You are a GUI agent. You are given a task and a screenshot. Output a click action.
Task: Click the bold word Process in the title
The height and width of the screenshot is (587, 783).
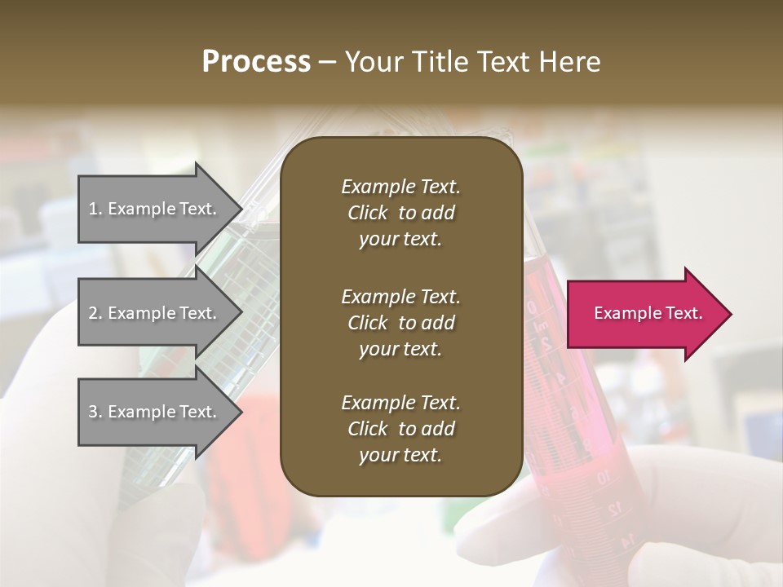coord(256,62)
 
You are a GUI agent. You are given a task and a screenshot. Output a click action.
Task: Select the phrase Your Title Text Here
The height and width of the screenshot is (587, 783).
coord(472,62)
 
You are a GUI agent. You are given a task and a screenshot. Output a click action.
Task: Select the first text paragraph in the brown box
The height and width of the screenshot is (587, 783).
coord(400,213)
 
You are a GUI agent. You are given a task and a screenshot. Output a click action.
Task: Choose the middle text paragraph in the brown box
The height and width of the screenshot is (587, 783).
coord(400,323)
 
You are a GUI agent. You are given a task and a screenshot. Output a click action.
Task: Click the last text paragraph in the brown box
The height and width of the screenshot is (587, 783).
coord(400,429)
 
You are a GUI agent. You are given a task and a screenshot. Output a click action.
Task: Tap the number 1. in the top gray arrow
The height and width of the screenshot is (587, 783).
coord(95,209)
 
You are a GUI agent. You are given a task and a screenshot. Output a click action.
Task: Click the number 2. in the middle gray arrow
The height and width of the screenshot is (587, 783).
coord(95,313)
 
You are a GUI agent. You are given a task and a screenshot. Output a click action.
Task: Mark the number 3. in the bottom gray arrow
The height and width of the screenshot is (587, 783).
coord(95,412)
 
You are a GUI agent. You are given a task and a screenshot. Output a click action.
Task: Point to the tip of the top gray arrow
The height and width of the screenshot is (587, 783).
coord(241,209)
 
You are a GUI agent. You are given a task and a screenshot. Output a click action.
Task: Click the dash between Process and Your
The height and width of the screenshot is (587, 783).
coord(327,62)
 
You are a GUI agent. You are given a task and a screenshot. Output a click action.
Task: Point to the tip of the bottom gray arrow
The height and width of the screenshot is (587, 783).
coord(241,412)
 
